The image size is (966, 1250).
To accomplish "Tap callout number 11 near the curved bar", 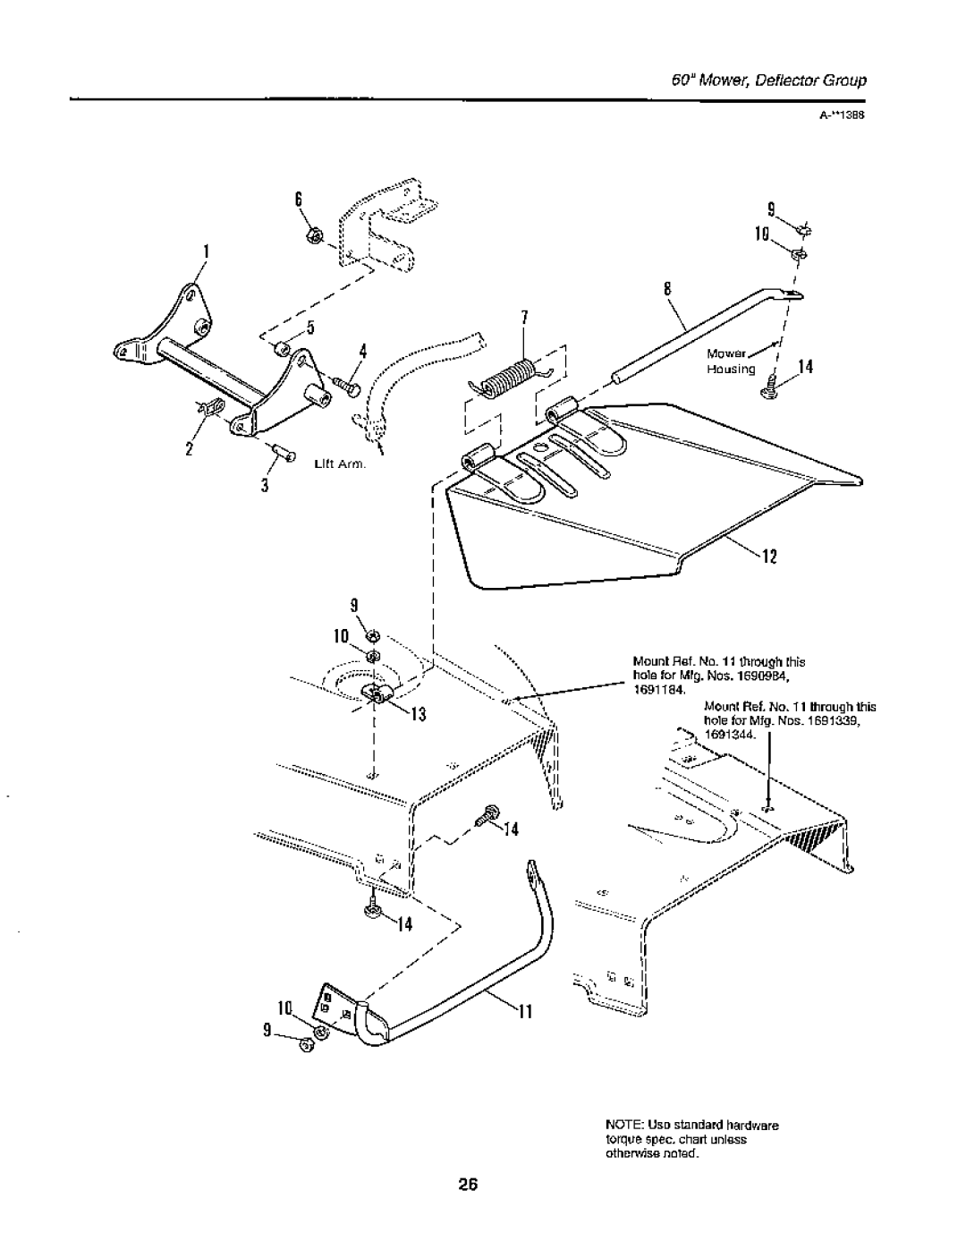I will (x=526, y=1013).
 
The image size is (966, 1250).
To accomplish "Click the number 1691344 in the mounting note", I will (x=731, y=734).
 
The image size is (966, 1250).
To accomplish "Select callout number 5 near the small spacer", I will (x=313, y=328).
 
